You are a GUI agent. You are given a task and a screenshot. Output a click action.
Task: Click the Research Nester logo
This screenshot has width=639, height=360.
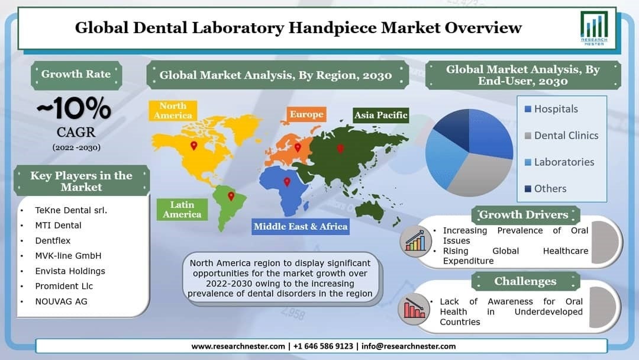(594, 28)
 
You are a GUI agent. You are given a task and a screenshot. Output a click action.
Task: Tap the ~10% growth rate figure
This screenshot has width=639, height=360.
(74, 108)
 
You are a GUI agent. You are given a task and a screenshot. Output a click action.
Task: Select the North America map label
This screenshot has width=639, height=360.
(173, 111)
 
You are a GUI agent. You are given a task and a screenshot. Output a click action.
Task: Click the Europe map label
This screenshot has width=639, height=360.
(306, 114)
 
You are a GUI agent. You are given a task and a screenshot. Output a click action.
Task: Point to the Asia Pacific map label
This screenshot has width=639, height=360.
(380, 115)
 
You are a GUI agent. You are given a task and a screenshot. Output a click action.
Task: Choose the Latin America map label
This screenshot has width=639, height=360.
(182, 210)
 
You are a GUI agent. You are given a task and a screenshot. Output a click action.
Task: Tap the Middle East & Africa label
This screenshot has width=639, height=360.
(301, 226)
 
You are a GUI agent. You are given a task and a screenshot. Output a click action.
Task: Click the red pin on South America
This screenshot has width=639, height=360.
(231, 196)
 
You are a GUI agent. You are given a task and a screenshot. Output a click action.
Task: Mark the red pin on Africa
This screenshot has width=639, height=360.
(287, 182)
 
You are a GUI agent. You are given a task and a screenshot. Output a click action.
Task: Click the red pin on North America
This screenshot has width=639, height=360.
(194, 146)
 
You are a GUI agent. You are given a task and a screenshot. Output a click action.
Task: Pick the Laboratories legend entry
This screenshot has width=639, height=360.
(559, 162)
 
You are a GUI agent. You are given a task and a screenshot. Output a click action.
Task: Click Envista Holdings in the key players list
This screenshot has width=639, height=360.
(70, 271)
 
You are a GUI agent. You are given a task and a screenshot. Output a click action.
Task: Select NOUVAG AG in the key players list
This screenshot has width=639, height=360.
(61, 302)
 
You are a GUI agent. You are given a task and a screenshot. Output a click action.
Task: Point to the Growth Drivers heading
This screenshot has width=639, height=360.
(525, 214)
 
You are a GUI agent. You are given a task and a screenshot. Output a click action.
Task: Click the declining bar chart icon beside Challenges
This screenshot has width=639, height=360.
(414, 308)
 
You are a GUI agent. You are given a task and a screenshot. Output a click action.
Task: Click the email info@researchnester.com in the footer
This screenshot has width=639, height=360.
(408, 346)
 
